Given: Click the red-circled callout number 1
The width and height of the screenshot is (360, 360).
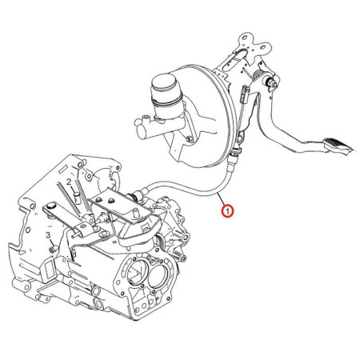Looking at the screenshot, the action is tap(227, 211).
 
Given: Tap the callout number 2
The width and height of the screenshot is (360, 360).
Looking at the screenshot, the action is tap(69, 182).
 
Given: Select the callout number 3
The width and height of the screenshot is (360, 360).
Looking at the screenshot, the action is tap(48, 235).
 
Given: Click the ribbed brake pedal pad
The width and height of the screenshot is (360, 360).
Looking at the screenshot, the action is tap(338, 146).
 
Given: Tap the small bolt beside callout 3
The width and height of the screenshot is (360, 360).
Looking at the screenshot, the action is tap(53, 249).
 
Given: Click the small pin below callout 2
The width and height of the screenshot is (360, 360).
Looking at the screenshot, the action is tap(78, 198).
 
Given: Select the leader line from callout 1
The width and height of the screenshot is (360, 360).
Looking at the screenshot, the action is tap(222, 199).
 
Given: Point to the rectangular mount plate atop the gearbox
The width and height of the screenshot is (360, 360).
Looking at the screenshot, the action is tap(122, 204).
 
